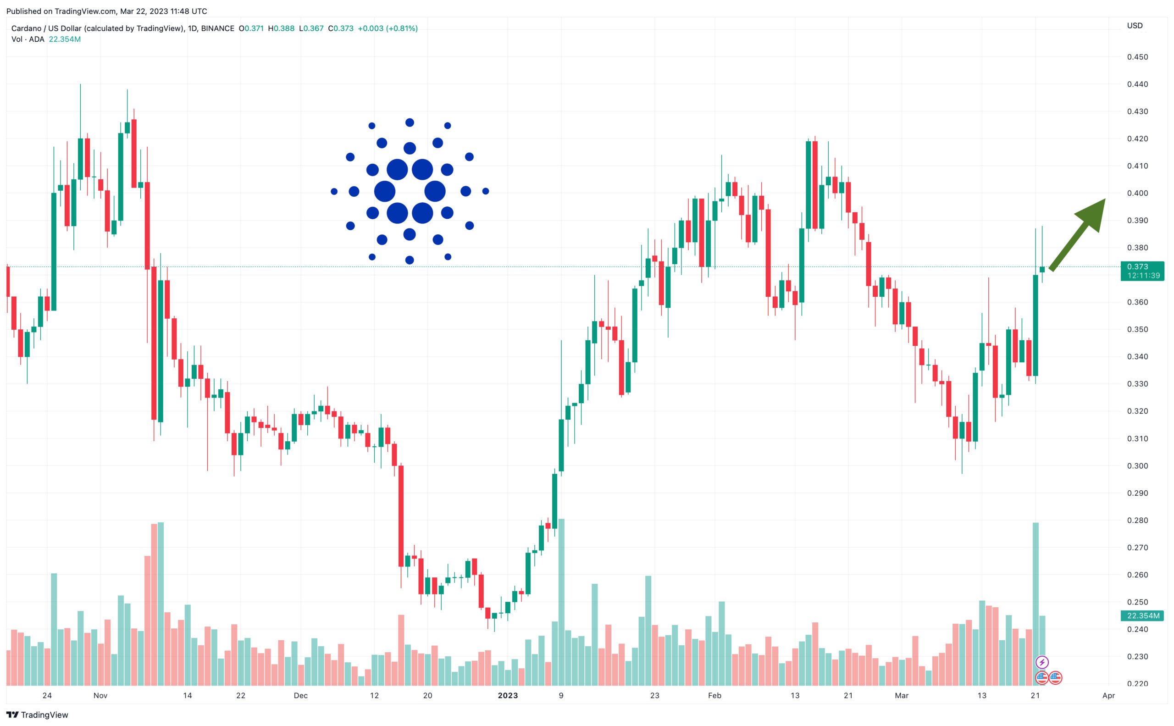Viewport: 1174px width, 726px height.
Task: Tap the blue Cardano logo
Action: tap(410, 191)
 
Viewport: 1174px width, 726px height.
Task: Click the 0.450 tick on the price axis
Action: tap(1137, 57)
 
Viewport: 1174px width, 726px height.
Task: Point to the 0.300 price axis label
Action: tap(1137, 466)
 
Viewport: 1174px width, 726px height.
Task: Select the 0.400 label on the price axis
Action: tap(1137, 193)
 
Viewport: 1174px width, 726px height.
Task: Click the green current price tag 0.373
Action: tap(1142, 271)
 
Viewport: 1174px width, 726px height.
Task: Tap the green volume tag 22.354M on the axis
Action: tap(1142, 615)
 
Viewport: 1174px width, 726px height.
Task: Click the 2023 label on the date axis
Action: tap(508, 695)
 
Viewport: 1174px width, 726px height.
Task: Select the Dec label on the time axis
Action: tap(300, 695)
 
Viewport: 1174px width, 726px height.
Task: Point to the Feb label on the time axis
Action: tap(714, 695)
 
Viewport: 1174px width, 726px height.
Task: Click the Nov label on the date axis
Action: tap(100, 695)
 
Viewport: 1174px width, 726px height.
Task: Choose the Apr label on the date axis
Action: tap(1108, 695)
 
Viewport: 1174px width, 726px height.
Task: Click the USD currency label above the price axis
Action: tap(1135, 25)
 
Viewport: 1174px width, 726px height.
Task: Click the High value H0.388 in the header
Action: tap(282, 28)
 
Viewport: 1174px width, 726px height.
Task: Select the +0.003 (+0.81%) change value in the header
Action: tap(388, 28)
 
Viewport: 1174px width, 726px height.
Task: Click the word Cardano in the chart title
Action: tap(26, 28)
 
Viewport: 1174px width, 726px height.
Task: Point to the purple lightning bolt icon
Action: tap(1041, 663)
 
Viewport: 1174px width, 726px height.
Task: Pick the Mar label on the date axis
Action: tap(901, 695)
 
